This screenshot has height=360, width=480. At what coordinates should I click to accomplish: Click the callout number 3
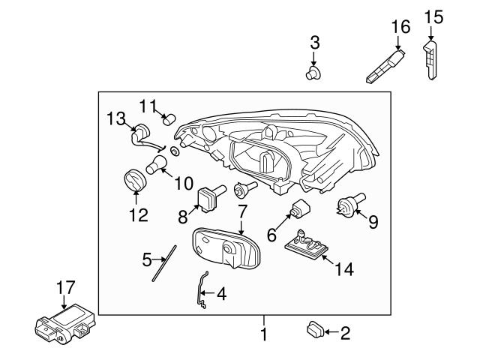(315, 41)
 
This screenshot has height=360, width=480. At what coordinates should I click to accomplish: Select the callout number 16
(401, 28)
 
